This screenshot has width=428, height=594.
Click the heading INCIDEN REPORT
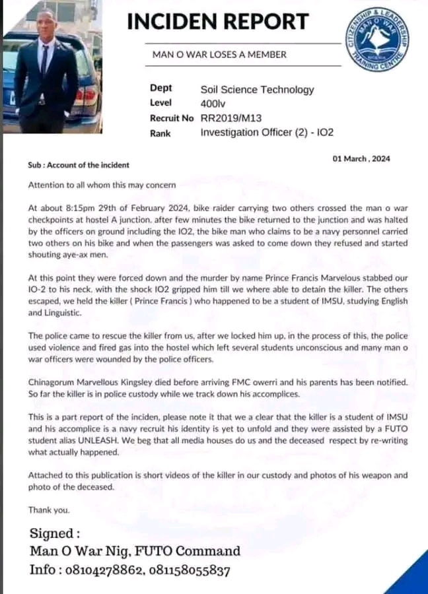click(217, 21)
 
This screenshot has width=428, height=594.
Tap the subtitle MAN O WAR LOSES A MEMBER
click(220, 55)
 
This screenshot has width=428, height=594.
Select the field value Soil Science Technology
click(257, 90)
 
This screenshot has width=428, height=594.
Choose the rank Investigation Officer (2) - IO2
click(267, 132)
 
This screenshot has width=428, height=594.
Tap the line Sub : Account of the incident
click(79, 165)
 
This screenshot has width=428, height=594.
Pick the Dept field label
click(161, 88)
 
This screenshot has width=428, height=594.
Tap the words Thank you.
click(48, 510)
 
